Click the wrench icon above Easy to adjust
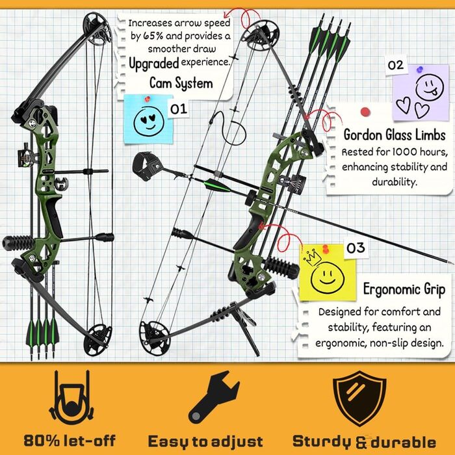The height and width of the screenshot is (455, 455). [x=213, y=397]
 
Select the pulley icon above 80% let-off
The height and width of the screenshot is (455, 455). [x=71, y=398]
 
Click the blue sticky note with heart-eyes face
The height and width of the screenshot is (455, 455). [x=148, y=119]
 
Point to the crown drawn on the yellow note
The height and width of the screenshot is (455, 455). [x=313, y=257]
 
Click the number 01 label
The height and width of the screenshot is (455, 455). [x=179, y=109]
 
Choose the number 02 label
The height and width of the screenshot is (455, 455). [x=395, y=65]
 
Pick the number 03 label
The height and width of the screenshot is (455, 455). [x=356, y=248]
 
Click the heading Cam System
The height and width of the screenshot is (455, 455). [x=181, y=83]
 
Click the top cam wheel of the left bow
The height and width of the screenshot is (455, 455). [x=97, y=29]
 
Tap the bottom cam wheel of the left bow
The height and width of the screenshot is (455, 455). [x=97, y=340]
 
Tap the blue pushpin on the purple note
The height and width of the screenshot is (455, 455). [x=420, y=70]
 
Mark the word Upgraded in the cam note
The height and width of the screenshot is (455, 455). [x=154, y=64]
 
